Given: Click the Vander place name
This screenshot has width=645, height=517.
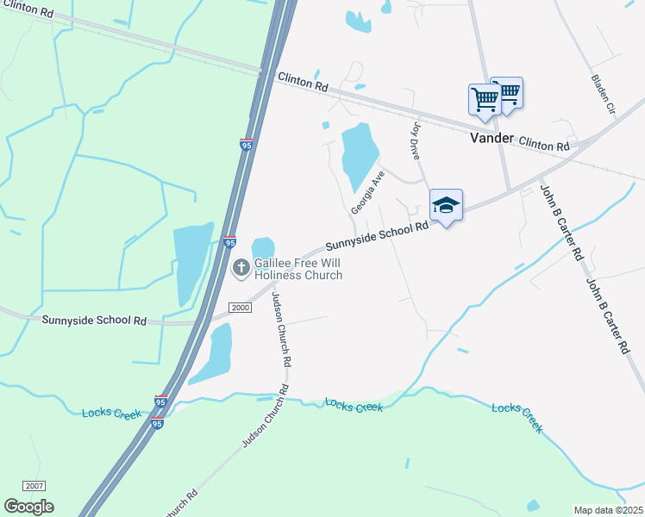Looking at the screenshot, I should [492, 138].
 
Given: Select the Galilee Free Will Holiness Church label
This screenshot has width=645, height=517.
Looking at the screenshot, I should [297, 270].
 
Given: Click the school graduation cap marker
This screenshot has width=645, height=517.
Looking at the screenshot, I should [446, 206].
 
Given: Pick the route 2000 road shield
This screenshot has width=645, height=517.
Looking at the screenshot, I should [240, 308].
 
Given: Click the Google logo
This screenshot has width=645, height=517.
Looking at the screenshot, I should [28, 507].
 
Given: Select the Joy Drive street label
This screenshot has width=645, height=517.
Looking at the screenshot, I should [415, 140].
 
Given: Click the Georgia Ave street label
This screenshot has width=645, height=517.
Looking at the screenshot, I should [366, 193].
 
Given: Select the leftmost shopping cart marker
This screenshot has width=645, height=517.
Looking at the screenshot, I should [484, 99].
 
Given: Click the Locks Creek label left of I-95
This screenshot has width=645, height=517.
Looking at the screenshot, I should [111, 414].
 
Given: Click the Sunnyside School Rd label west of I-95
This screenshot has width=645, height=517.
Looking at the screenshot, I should [94, 320].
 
